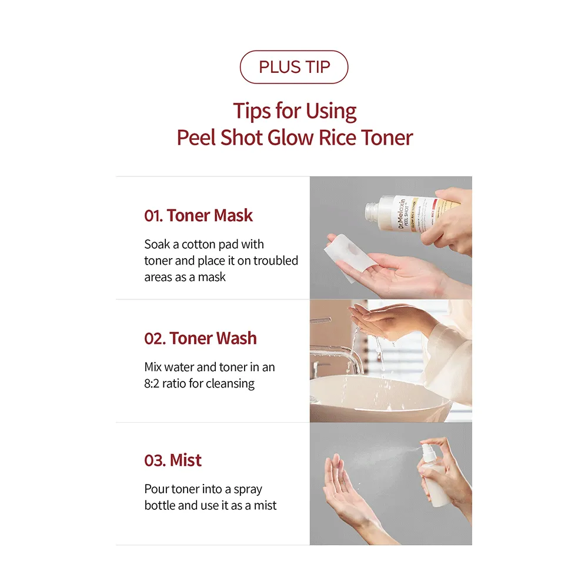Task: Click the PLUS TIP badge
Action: pos(294,67)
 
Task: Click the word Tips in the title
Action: pos(252,111)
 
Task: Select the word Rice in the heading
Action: pos(332,137)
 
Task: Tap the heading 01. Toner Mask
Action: pos(198,216)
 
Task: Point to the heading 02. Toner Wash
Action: pos(201,338)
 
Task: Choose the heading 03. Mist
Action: pos(173,460)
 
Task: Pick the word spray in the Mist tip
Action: pos(248,490)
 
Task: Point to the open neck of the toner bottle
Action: pos(371,211)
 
